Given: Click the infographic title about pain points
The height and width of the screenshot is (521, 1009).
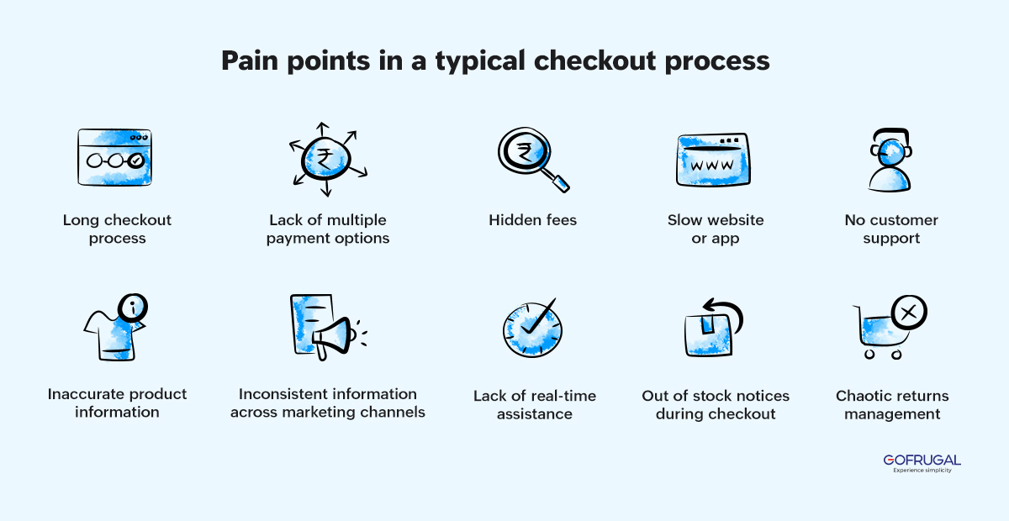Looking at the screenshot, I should (x=495, y=61).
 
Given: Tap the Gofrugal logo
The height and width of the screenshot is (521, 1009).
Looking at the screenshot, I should (x=922, y=463).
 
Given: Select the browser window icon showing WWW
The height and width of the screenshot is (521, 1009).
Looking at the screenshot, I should (x=711, y=160).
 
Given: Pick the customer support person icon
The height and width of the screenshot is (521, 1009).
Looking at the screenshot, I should (x=890, y=160).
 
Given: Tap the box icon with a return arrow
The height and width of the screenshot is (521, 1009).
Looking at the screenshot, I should (x=711, y=329).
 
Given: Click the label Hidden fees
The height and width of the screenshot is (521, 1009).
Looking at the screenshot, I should (x=533, y=220).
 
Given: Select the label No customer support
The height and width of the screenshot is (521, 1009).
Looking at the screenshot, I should (x=891, y=229).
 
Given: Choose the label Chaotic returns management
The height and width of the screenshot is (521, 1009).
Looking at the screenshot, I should (x=892, y=405).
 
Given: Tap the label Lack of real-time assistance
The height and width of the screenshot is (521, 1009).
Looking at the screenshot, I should (x=534, y=405).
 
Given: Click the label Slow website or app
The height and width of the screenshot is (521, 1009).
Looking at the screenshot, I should (x=716, y=229).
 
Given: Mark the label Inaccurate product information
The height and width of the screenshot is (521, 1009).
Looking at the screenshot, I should (x=117, y=403).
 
